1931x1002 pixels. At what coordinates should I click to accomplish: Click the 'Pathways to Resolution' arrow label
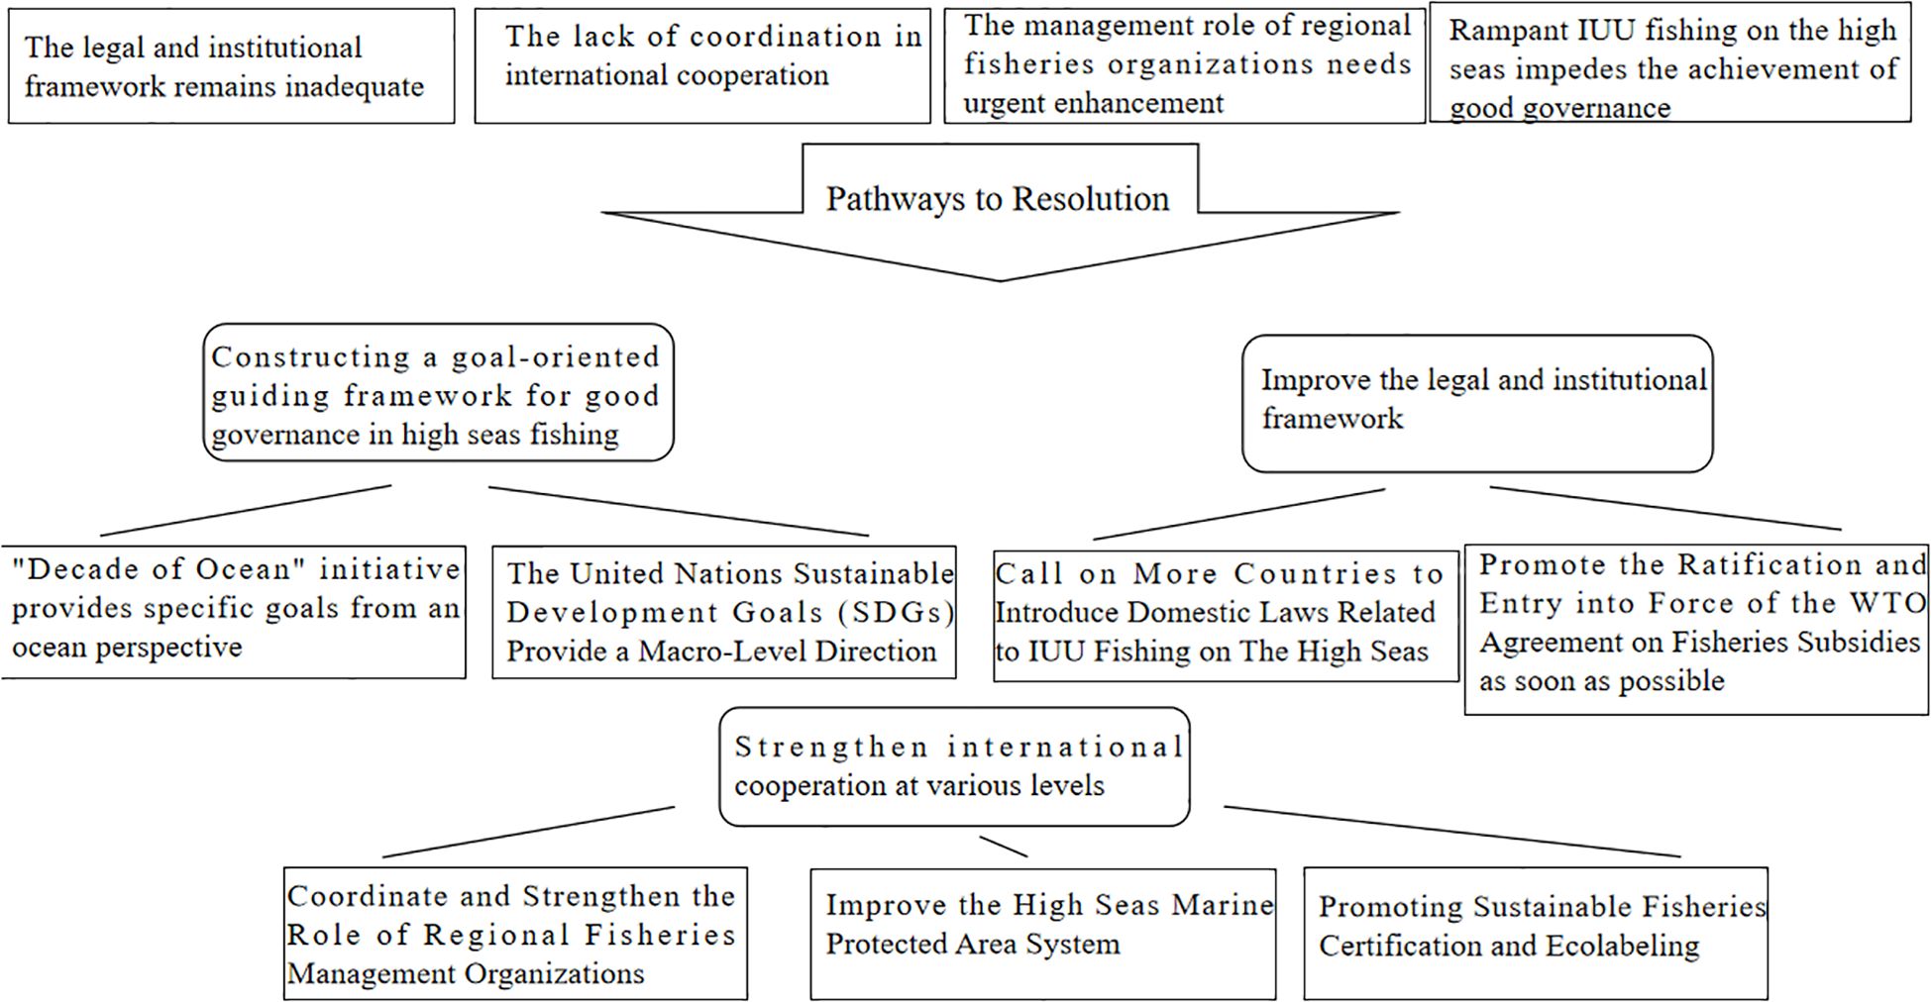[x=998, y=199]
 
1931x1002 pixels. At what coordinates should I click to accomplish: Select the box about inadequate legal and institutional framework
[x=231, y=66]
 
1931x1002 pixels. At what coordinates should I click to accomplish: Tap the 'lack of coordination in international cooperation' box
[x=701, y=66]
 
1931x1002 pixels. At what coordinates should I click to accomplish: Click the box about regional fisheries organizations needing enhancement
[x=1184, y=65]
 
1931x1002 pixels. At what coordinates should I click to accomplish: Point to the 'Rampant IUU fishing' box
[x=1670, y=67]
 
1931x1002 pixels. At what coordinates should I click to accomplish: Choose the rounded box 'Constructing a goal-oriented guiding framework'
[x=438, y=393]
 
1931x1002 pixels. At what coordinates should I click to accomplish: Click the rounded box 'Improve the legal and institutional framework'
[x=1476, y=402]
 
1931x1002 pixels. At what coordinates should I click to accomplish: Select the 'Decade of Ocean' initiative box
[x=234, y=611]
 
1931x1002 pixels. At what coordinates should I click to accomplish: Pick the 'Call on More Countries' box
[x=1226, y=615]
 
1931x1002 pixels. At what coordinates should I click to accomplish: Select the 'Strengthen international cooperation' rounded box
[x=953, y=766]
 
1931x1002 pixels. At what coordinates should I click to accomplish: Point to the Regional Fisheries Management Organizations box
[x=515, y=934]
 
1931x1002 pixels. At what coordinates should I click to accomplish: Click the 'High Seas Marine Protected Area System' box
[x=1042, y=933]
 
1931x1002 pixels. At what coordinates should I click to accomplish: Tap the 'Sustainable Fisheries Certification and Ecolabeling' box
[x=1535, y=933]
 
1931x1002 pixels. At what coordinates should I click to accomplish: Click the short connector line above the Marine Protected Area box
[x=1003, y=847]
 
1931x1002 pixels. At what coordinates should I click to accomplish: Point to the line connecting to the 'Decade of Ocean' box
[x=246, y=511]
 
